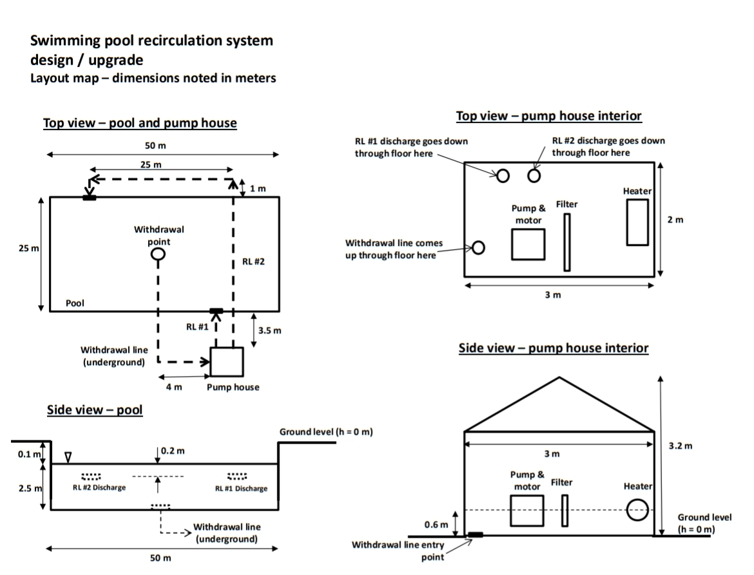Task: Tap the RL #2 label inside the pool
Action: coord(254,261)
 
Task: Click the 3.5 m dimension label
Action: coord(270,331)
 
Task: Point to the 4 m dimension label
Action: coord(174,387)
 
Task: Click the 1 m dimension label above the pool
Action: coord(258,189)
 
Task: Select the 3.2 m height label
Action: coord(681,446)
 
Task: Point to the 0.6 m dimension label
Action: coord(436,525)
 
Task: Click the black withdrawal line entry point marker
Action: coord(475,534)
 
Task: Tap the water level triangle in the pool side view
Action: coord(68,457)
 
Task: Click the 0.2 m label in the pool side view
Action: coord(173,451)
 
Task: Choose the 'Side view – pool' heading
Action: coord(95,410)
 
